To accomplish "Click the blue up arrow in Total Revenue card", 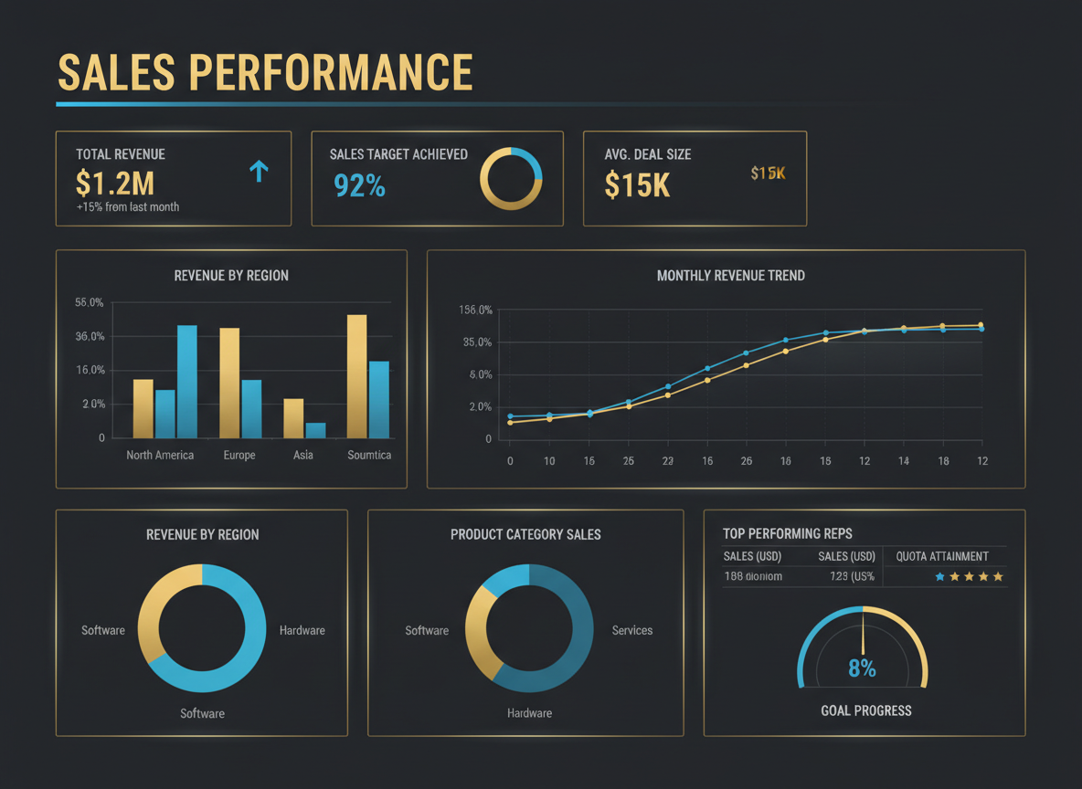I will tap(259, 171).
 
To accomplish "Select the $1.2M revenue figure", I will tap(115, 184).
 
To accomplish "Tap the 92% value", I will tap(359, 185).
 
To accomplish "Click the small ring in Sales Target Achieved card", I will tap(511, 178).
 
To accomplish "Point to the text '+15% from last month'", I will tap(128, 207).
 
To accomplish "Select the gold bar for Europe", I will tap(229, 383).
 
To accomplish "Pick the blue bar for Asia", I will tap(315, 430).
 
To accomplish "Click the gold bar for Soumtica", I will tap(356, 376).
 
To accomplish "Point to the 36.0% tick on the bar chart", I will tap(90, 337).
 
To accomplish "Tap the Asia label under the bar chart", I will tap(302, 455).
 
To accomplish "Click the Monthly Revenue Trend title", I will tap(730, 275).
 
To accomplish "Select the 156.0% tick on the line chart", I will tap(475, 310).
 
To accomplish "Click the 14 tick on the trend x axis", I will tap(903, 461).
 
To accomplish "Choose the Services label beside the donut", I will tap(632, 630).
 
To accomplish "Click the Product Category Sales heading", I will tap(525, 534).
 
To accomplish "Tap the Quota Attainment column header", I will tap(942, 556).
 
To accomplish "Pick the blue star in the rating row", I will tap(939, 577).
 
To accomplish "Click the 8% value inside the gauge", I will tap(862, 668).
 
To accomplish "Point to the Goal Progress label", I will tap(865, 710).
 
